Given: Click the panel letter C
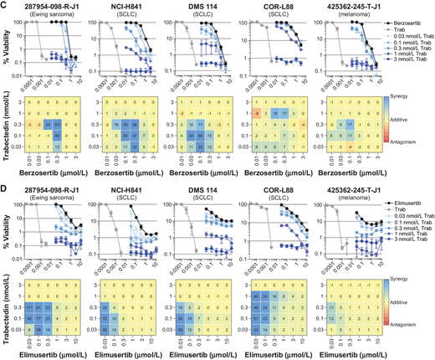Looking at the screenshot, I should click(x=5, y=5).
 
